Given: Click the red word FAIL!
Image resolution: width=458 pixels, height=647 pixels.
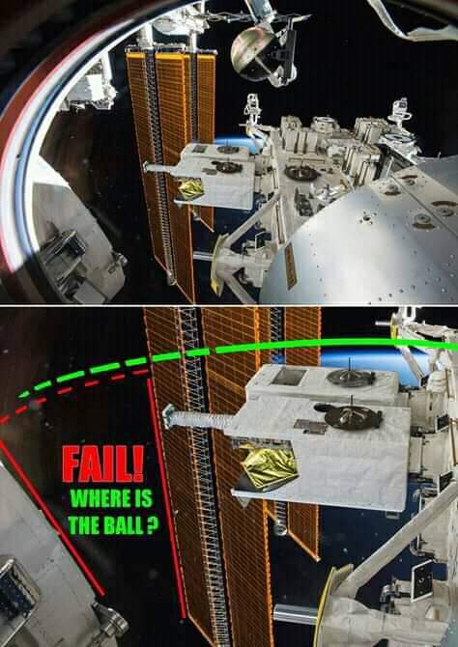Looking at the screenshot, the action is (103, 464).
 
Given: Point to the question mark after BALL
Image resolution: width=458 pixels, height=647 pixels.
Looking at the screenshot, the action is (153, 525).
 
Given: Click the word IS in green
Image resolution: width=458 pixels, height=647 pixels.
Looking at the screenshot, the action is (144, 500).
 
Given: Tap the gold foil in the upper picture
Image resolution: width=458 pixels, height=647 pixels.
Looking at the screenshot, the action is (190, 189).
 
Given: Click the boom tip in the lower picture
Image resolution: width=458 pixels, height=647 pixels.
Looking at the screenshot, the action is (168, 416).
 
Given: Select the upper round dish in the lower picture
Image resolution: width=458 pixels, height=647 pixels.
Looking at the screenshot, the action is (350, 377).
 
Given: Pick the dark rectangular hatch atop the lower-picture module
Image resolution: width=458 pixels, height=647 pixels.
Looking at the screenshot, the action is (289, 377).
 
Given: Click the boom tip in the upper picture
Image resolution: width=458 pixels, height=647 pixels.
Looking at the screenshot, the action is (147, 167).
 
